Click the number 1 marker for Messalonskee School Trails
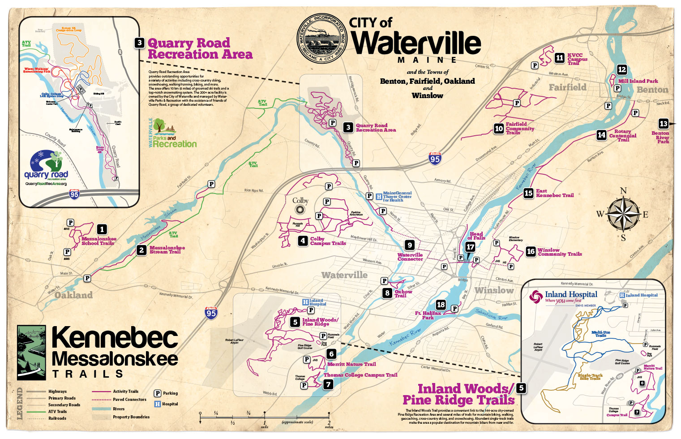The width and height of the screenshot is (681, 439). (102, 229)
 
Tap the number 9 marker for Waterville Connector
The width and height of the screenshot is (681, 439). (410, 245)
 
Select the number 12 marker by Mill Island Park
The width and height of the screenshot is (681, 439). (622, 69)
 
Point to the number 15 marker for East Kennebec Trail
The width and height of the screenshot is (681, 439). (528, 193)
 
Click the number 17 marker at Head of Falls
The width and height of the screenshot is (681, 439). (470, 247)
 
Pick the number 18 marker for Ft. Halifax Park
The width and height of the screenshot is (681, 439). (441, 305)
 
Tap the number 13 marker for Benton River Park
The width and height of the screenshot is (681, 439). (664, 124)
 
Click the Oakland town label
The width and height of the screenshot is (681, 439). (73, 295)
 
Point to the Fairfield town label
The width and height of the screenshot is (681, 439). (567, 87)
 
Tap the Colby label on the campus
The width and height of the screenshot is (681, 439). (300, 201)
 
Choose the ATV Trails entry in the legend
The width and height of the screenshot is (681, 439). (57, 412)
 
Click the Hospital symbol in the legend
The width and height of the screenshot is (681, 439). (158, 404)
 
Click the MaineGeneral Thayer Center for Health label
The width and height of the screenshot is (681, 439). (397, 197)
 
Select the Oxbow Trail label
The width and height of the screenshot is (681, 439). (403, 293)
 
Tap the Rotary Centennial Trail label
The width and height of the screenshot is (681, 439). (622, 136)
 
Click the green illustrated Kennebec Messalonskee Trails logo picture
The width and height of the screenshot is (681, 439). (31, 353)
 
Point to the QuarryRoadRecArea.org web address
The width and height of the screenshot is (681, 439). (46, 184)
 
